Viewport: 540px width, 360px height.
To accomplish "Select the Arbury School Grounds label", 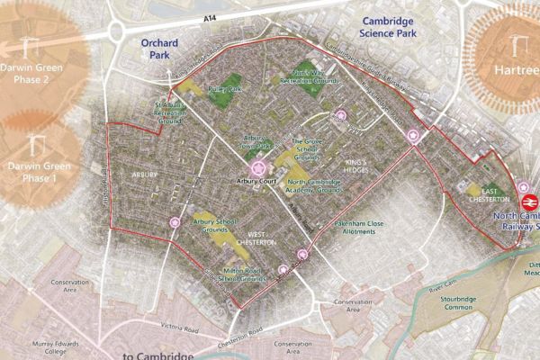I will click(216, 225).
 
